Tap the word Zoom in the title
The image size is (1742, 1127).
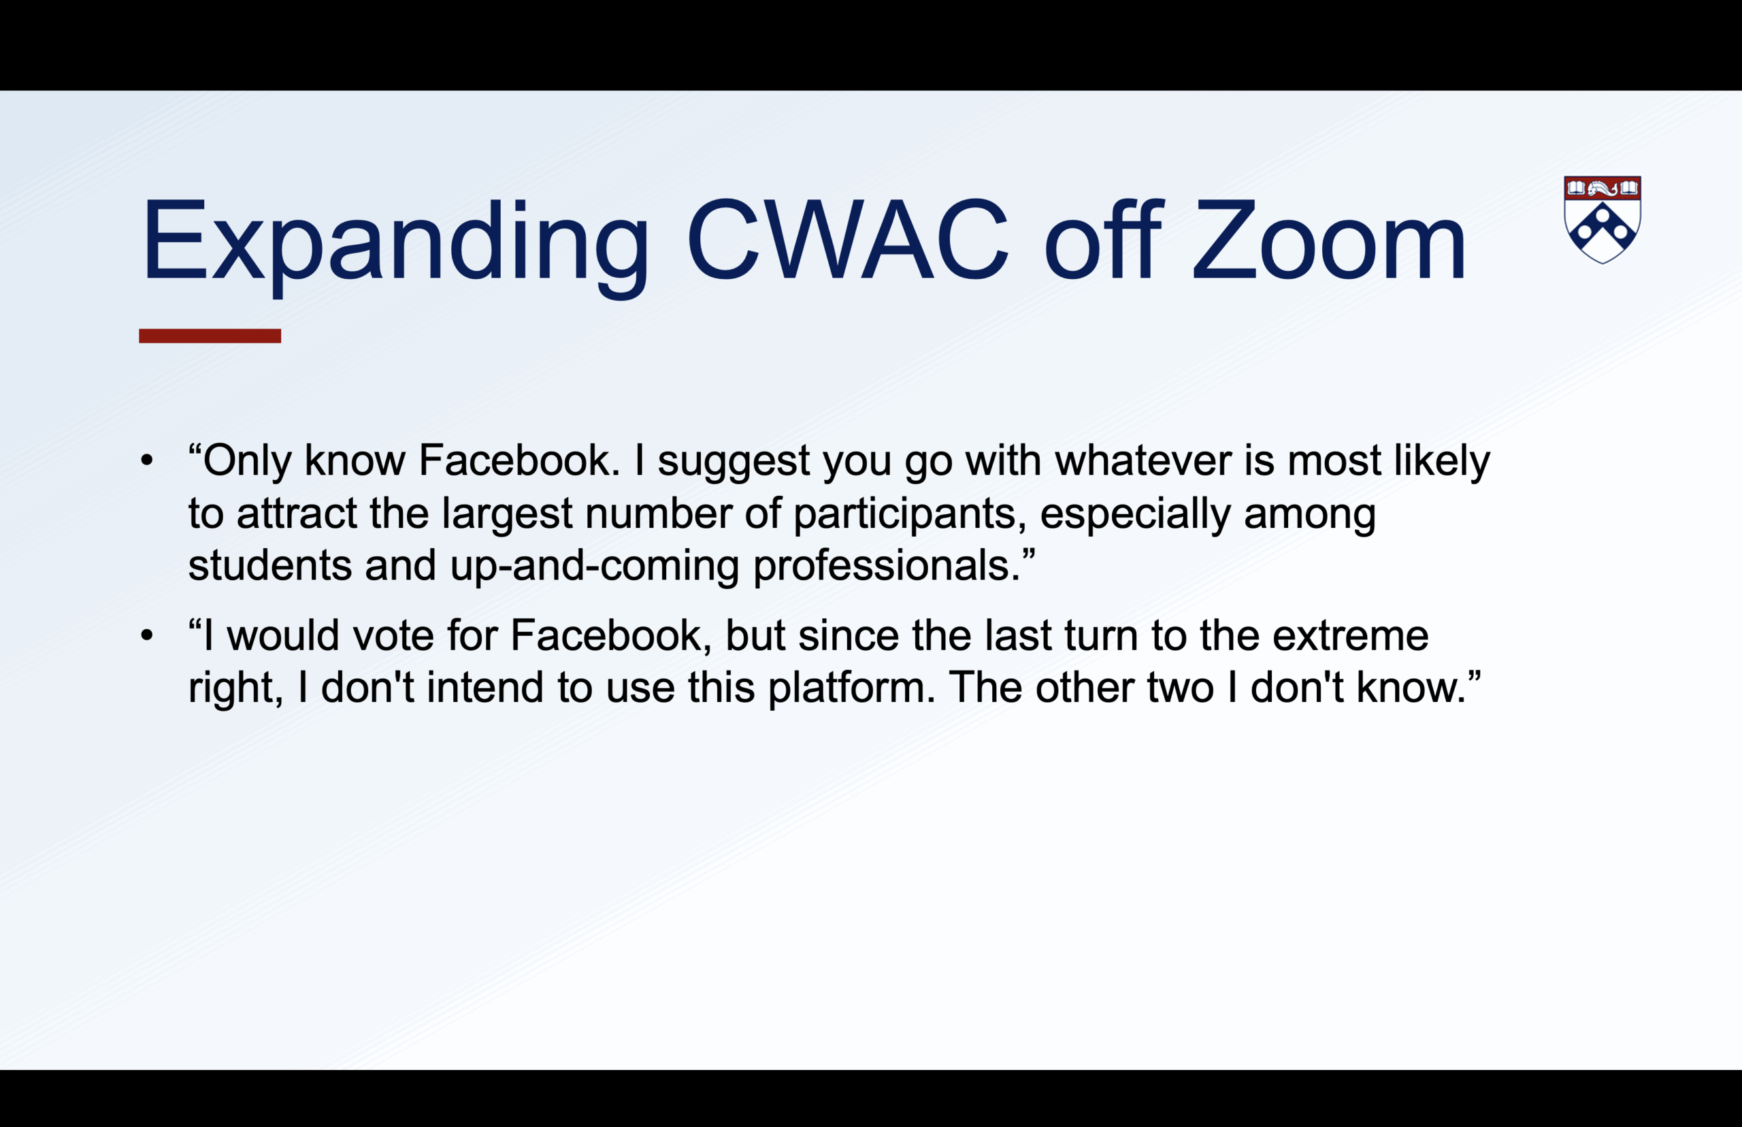tap(1329, 239)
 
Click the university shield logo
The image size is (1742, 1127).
tap(1603, 219)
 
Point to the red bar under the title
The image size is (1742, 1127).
tap(210, 336)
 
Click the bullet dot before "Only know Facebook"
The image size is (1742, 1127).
tap(147, 460)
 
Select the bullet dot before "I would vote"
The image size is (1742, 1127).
tap(147, 635)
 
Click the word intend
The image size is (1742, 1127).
tap(484, 688)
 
